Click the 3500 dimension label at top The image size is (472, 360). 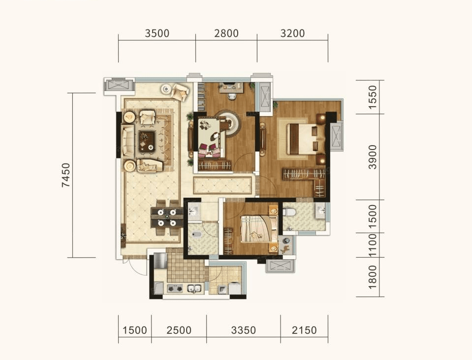pyautogui.click(x=157, y=33)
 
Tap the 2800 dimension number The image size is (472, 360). pyautogui.click(x=226, y=33)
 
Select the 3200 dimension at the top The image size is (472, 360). pyautogui.click(x=292, y=33)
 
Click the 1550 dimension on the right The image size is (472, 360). pyautogui.click(x=373, y=95)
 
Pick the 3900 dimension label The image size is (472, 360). pyautogui.click(x=373, y=157)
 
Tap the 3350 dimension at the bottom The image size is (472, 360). pyautogui.click(x=244, y=330)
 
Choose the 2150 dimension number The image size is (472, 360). pyautogui.click(x=304, y=330)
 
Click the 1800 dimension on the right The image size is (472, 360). pyautogui.click(x=373, y=277)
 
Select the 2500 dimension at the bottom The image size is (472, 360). pyautogui.click(x=179, y=330)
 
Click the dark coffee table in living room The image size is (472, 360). pyautogui.click(x=147, y=141)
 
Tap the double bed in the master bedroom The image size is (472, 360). pyautogui.click(x=305, y=139)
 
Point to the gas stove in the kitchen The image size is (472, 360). pyautogui.click(x=175, y=289)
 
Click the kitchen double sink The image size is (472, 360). pyautogui.click(x=194, y=289)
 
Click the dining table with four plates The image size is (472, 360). pyautogui.click(x=167, y=218)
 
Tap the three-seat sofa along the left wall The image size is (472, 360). pyautogui.click(x=127, y=141)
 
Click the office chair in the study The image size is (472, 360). pyautogui.click(x=232, y=95)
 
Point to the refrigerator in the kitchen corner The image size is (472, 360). pyautogui.click(x=160, y=261)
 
